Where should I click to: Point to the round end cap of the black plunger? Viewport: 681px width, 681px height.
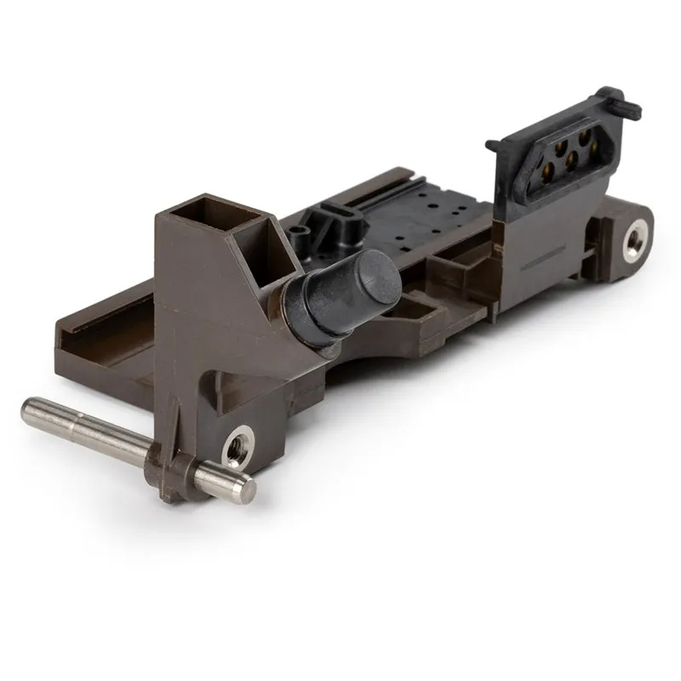[x=375, y=283]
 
